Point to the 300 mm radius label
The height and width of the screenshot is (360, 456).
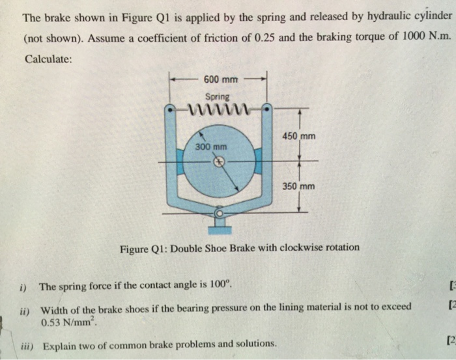pyautogui.click(x=211, y=147)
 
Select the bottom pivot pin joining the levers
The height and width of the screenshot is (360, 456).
pyautogui.click(x=220, y=212)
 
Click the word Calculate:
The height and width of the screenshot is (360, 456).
pyautogui.click(x=49, y=59)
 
